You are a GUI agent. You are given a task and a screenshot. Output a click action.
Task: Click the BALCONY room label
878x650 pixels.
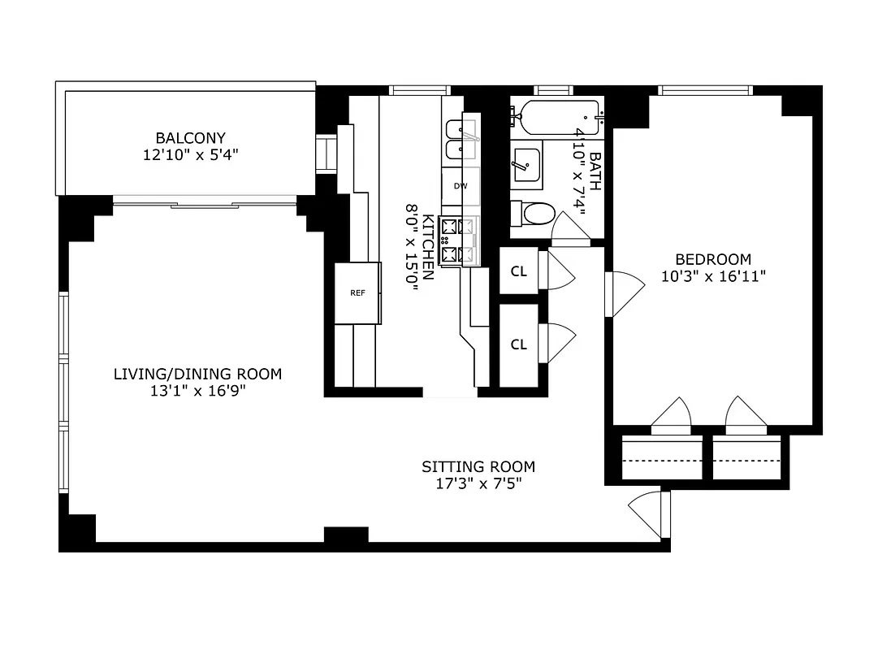tap(191, 138)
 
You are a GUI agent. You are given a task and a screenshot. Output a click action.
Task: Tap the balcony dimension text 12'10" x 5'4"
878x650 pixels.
tap(191, 154)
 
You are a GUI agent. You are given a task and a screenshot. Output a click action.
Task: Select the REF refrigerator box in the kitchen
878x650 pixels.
tap(357, 293)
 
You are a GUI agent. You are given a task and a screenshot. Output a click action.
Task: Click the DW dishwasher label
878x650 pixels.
tap(461, 186)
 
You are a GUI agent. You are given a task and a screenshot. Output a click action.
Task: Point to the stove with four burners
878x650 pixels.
tap(458, 241)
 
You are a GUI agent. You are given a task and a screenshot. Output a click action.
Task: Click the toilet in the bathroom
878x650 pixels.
tap(536, 214)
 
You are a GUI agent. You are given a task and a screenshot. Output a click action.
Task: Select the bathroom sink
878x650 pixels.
tap(527, 165)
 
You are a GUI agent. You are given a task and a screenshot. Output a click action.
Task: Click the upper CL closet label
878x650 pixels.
tap(519, 271)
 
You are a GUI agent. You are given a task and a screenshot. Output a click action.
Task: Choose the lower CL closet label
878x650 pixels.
tap(519, 344)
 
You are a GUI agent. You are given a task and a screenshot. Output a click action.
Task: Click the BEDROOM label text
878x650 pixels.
tap(713, 259)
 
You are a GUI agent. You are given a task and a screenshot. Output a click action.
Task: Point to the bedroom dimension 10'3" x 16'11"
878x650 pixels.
tap(713, 275)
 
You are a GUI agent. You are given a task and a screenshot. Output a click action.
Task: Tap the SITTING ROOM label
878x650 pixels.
tap(478, 466)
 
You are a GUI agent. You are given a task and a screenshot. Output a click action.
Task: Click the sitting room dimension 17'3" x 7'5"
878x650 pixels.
tap(478, 483)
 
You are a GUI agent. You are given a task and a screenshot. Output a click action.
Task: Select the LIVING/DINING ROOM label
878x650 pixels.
tap(197, 374)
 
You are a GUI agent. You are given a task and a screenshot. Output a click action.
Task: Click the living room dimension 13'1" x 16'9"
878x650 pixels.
tap(197, 391)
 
